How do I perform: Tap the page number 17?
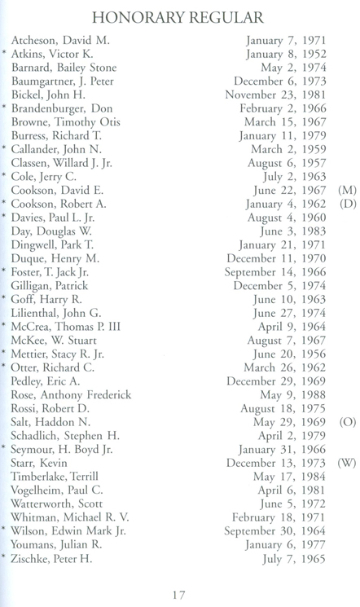pyautogui.click(x=179, y=594)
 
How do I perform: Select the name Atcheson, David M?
pyautogui.click(x=60, y=39)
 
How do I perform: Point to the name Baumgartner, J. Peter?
pyautogui.click(x=69, y=81)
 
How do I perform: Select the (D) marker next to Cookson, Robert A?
pyautogui.click(x=346, y=204)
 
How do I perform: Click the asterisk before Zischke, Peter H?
pyautogui.click(x=5, y=558)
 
